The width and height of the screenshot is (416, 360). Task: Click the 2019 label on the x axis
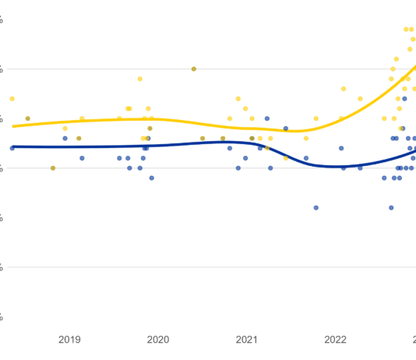70,340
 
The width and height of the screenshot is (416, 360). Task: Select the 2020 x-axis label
158,340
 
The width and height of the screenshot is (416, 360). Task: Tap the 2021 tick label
247,340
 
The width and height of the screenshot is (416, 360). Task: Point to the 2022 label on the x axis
336,340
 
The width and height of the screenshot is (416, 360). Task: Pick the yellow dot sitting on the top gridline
194,69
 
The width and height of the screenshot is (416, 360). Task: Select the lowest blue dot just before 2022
316,207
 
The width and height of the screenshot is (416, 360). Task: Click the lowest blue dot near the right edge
391,207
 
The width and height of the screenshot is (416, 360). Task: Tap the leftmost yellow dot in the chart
12,98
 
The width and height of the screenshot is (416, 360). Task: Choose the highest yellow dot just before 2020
140,79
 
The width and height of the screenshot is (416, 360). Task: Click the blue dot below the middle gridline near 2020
151,178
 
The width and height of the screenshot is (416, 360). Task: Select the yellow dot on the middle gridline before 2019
53,168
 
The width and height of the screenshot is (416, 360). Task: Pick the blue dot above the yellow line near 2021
267,119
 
